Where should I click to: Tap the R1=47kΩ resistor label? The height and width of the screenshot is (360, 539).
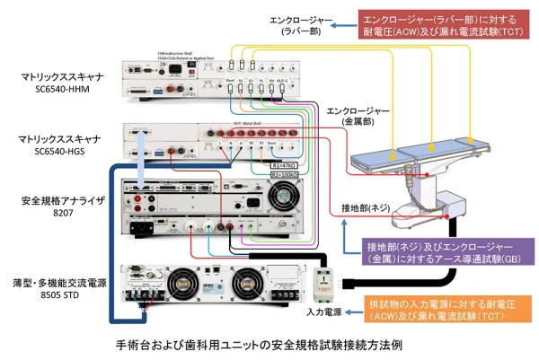[x=284, y=165]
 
